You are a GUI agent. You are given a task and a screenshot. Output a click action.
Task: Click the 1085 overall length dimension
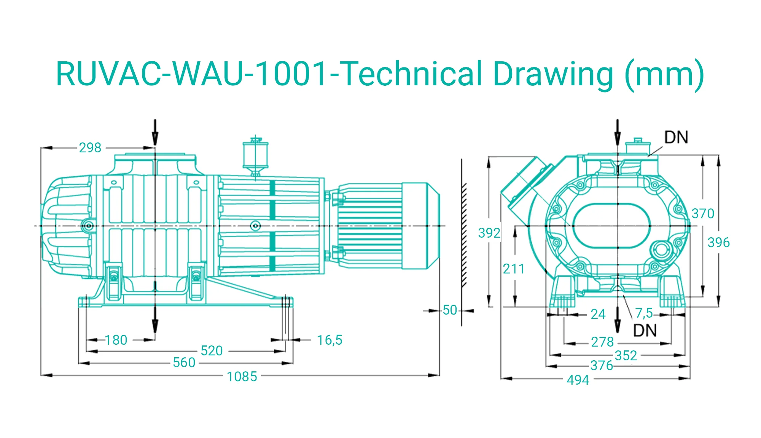[x=242, y=376]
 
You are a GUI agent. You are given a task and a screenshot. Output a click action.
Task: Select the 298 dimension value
[x=90, y=147]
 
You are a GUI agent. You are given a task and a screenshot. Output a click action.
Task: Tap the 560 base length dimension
[x=184, y=362]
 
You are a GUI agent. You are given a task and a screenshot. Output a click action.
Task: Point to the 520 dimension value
[x=212, y=350]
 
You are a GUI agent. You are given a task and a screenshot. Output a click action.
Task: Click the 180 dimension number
[x=116, y=340]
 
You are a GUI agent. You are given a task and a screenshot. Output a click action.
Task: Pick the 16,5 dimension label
[x=330, y=340]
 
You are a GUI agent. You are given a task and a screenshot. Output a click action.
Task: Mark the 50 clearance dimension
[x=450, y=310]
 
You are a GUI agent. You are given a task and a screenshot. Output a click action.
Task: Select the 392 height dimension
[x=489, y=233]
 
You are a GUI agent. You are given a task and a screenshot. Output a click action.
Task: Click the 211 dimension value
[x=514, y=269]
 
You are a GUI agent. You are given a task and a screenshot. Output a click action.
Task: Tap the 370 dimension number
[x=703, y=213]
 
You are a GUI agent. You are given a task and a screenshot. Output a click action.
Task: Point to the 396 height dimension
[x=718, y=242]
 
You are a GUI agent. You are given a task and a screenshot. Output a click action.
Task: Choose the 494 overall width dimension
[x=578, y=380]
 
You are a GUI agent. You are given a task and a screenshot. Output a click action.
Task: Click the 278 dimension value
[x=602, y=342]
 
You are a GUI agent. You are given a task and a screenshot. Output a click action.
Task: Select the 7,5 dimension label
[x=644, y=313]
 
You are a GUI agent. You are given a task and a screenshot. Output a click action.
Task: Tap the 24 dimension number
[x=598, y=314]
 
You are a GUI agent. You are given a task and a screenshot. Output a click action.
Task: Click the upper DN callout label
[x=676, y=137]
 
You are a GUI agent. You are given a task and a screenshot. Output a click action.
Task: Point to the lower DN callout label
[x=645, y=330]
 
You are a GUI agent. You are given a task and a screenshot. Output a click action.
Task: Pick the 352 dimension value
[x=626, y=355]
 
